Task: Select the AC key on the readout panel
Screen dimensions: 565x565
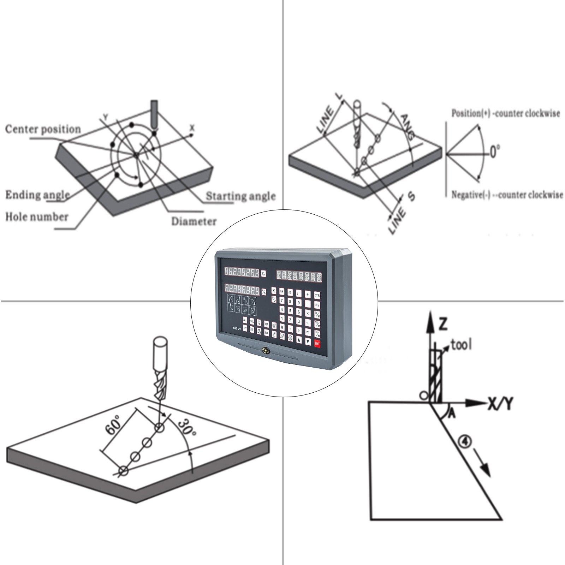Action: [290, 292]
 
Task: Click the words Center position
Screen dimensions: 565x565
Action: [43, 129]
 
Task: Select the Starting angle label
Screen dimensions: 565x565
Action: [240, 196]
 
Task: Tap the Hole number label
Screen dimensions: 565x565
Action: [36, 216]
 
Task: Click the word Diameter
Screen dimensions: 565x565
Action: [194, 221]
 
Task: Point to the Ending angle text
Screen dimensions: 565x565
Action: [37, 195]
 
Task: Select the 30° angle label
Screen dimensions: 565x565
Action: [186, 427]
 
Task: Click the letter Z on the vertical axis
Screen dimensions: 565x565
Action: [443, 323]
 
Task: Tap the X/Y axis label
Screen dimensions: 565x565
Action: [500, 403]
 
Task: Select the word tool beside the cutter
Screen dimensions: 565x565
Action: [461, 344]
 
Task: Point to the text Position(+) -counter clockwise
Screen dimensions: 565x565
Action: [505, 114]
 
